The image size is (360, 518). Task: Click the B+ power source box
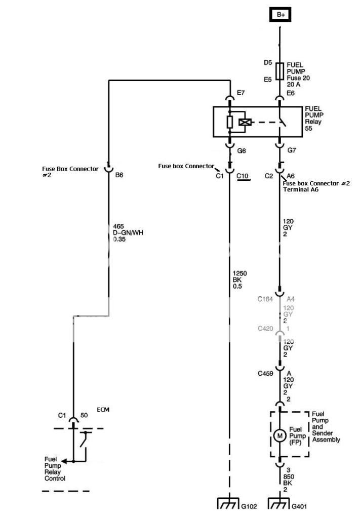pos(281,15)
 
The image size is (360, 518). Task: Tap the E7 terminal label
pos(241,93)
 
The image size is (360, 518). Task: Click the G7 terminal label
pos(292,151)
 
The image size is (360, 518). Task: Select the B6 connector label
pos(119,174)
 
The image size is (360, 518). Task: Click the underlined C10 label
pos(243,176)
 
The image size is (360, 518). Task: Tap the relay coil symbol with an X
pos(245,122)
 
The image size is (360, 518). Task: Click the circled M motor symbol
pos(279,434)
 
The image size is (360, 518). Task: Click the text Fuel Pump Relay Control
pos(55,469)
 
